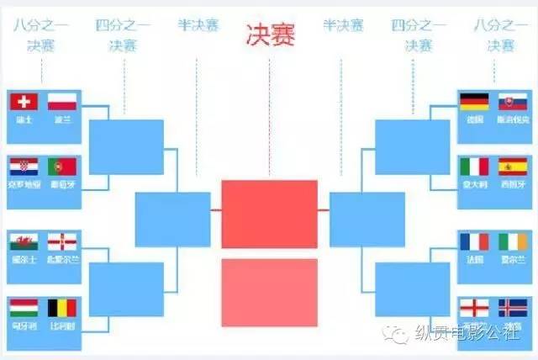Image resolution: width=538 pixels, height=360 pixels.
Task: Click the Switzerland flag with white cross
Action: coord(24,102)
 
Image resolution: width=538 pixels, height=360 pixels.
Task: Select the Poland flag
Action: coord(62,102)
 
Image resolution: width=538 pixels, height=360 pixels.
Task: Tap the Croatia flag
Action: coord(24,166)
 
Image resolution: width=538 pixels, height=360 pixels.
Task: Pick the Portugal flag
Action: coord(62,166)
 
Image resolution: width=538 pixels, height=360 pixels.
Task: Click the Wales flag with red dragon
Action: coord(24,242)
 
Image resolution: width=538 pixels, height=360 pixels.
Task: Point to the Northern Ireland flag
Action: coord(62,242)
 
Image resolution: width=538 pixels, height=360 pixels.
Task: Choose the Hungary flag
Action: coord(24,307)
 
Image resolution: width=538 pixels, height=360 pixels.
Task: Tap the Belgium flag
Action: coord(62,307)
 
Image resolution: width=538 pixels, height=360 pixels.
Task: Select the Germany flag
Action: coord(474,102)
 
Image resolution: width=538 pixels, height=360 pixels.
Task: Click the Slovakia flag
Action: coord(513,102)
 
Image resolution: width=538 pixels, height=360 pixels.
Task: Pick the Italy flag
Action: coord(474,166)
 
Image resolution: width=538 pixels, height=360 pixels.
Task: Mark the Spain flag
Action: coord(513,166)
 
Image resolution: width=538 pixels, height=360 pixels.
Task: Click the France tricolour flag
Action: coord(474,242)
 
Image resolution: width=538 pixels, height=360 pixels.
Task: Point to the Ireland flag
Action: coord(513,242)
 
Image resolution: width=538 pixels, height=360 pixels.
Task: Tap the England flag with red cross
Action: coord(474,306)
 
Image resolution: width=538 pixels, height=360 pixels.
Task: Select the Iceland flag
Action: coord(513,306)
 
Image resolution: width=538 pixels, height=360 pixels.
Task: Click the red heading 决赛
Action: coord(270,34)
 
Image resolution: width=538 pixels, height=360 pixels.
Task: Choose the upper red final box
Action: coord(269,214)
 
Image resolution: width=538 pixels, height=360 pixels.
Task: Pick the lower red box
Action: coord(269,292)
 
